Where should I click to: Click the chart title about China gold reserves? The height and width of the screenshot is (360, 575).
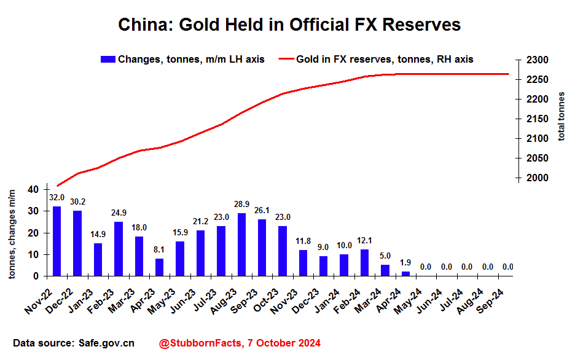pyautogui.click(x=289, y=25)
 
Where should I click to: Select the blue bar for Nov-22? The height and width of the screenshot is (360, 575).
pyautogui.click(x=57, y=241)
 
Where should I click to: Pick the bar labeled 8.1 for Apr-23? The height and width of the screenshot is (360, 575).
pyautogui.click(x=159, y=267)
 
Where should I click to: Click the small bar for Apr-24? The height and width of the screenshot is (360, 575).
pyautogui.click(x=405, y=274)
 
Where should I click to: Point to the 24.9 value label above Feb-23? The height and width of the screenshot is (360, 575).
pyautogui.click(x=118, y=213)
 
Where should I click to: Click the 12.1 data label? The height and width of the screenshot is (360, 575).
pyautogui.click(x=364, y=241)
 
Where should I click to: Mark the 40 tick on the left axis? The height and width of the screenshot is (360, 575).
pyautogui.click(x=34, y=190)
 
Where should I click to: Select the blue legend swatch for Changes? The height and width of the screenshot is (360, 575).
pyautogui.click(x=108, y=59)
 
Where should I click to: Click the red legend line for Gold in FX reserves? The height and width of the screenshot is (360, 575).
pyautogui.click(x=286, y=59)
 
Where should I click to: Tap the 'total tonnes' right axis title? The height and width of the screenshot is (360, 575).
pyautogui.click(x=561, y=115)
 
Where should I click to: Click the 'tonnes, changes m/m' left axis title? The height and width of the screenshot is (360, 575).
pyautogui.click(x=12, y=234)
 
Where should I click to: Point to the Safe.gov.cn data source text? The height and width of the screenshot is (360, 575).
pyautogui.click(x=74, y=343)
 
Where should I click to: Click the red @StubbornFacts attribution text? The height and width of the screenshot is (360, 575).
pyautogui.click(x=240, y=343)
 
